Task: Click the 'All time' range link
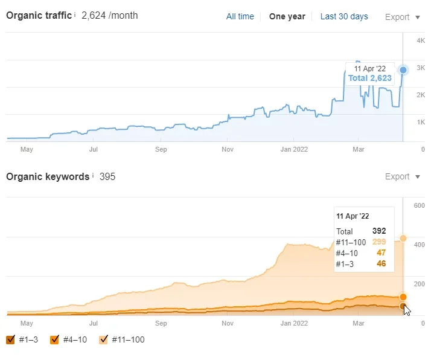pyautogui.click(x=240, y=16)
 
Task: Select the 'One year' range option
pyautogui.click(x=287, y=16)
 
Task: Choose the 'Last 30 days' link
pyautogui.click(x=344, y=16)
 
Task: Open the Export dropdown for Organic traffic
pyautogui.click(x=403, y=17)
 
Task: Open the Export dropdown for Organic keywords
pyautogui.click(x=403, y=176)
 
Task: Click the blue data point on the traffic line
pyautogui.click(x=403, y=70)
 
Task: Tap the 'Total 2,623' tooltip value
pyautogui.click(x=370, y=78)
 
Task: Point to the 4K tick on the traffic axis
pyautogui.click(x=421, y=40)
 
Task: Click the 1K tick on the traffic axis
pyautogui.click(x=421, y=122)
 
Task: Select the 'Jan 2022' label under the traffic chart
pyautogui.click(x=294, y=149)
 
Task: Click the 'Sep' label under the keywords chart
pyautogui.click(x=161, y=323)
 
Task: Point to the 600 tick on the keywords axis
pyautogui.click(x=419, y=205)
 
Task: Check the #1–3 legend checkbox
pyautogui.click(x=10, y=339)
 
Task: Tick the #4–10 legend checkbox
pyautogui.click(x=54, y=339)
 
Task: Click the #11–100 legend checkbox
pyautogui.click(x=103, y=339)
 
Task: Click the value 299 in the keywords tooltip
pyautogui.click(x=379, y=242)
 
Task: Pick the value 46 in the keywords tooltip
pyautogui.click(x=381, y=263)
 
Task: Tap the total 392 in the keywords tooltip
pyautogui.click(x=379, y=231)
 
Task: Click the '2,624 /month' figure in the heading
pyautogui.click(x=109, y=16)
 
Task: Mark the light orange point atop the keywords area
pyautogui.click(x=403, y=239)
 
